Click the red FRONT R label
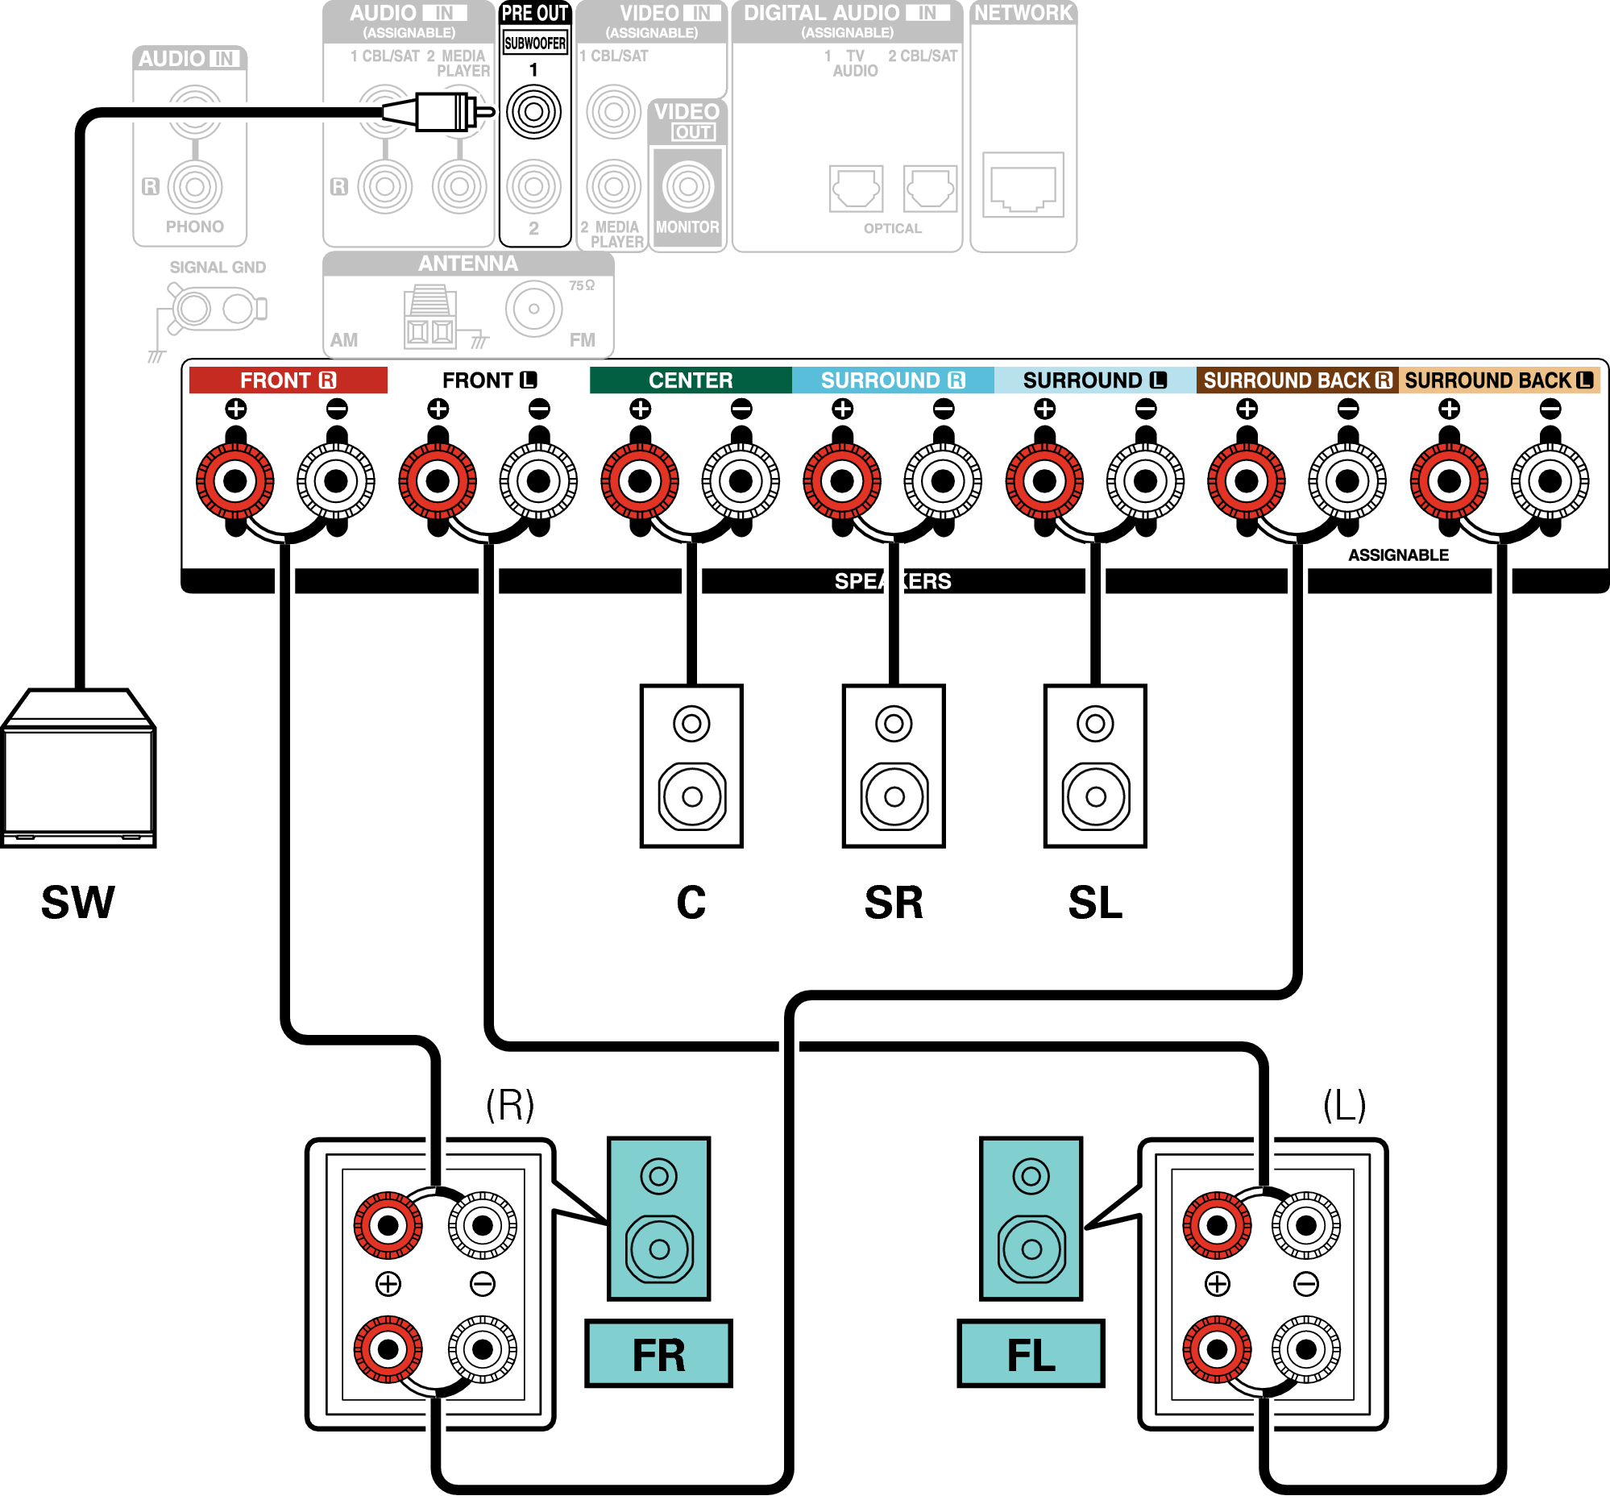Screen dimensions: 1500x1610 (288, 380)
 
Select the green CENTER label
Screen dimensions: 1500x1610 (690, 380)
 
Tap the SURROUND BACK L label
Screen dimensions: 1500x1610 (1498, 380)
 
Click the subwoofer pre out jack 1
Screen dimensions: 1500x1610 (533, 112)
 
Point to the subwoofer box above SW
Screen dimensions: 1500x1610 (78, 770)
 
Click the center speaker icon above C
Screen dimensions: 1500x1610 (691, 766)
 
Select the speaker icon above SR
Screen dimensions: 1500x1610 (894, 766)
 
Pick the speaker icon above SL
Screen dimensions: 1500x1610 (1095, 766)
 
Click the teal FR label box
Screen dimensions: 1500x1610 (658, 1354)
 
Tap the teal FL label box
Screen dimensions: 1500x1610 (1030, 1354)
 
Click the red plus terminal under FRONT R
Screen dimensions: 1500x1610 (234, 481)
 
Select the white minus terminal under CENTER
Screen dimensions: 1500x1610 (741, 481)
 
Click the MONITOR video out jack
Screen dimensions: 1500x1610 (687, 186)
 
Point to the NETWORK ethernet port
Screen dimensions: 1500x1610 (1023, 185)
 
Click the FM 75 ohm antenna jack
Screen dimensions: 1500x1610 (533, 309)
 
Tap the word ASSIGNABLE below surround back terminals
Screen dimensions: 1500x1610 (1398, 555)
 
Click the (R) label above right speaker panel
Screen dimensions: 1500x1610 (510, 1104)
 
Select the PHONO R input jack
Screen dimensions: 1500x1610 (194, 186)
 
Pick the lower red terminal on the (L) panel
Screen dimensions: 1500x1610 (1217, 1349)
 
